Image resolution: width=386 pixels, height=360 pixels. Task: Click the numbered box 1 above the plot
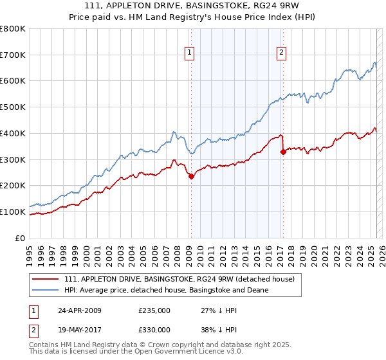pos(190,53)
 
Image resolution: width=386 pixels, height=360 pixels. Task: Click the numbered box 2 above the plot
pos(282,53)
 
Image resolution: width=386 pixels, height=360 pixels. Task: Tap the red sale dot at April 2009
pos(191,176)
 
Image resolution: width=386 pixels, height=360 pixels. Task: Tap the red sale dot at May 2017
pos(282,152)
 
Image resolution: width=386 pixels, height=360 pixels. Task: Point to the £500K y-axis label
pos(13,107)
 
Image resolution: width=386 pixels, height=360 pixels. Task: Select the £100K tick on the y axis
pos(13,212)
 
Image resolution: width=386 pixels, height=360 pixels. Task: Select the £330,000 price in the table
pos(154,330)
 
